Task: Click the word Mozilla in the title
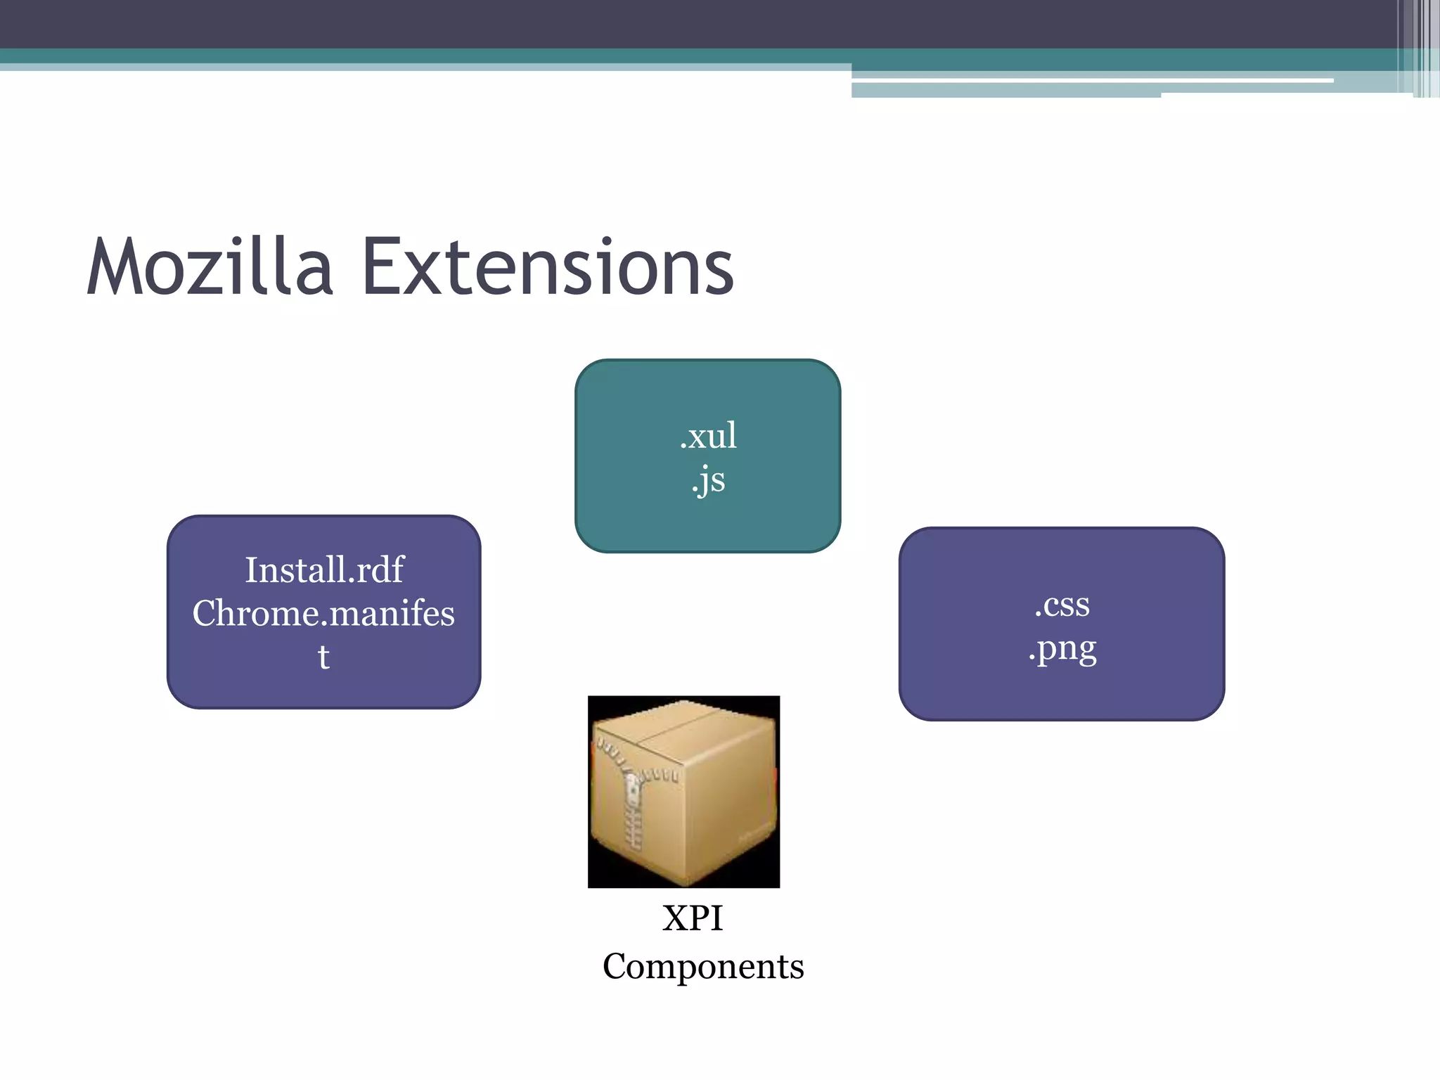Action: coord(210,267)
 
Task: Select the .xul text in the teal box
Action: coord(708,436)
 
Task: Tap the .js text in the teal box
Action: coord(708,480)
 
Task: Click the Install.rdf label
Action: coord(324,570)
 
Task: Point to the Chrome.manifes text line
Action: coord(323,613)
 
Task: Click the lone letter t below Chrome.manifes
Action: coord(323,657)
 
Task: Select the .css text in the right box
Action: coord(1062,604)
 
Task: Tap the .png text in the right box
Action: coord(1062,648)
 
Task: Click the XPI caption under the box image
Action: coord(693,918)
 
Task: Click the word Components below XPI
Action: coord(703,966)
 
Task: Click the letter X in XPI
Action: coord(676,918)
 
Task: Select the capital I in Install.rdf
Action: coord(251,570)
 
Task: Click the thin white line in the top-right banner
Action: coord(1090,81)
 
